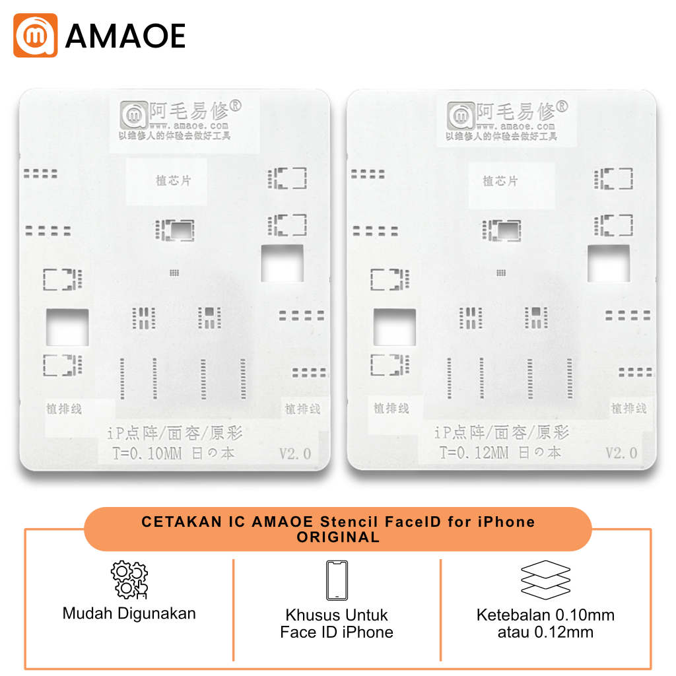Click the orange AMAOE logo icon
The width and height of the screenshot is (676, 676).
pyautogui.click(x=36, y=35)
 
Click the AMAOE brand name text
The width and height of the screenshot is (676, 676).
pyautogui.click(x=125, y=36)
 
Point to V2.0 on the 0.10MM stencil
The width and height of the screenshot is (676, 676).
pyautogui.click(x=294, y=454)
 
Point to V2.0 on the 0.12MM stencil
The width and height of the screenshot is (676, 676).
pyautogui.click(x=622, y=453)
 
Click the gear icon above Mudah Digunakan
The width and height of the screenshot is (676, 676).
pyautogui.click(x=129, y=580)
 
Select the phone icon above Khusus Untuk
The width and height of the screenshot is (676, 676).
pyautogui.click(x=337, y=580)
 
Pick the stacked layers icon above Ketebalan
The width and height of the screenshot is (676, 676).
pyautogui.click(x=545, y=579)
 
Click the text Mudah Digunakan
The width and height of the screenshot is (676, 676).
pyautogui.click(x=129, y=613)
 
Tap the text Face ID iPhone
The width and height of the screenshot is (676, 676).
pyautogui.click(x=337, y=632)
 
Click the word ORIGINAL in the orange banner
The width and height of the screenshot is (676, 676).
pyautogui.click(x=338, y=537)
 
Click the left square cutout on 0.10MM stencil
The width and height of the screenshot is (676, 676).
pyautogui.click(x=67, y=327)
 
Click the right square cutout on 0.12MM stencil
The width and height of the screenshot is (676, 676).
pyautogui.click(x=608, y=263)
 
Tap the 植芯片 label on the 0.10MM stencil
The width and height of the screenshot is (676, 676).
pyautogui.click(x=173, y=180)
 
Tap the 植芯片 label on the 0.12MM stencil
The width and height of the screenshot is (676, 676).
pyautogui.click(x=500, y=180)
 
